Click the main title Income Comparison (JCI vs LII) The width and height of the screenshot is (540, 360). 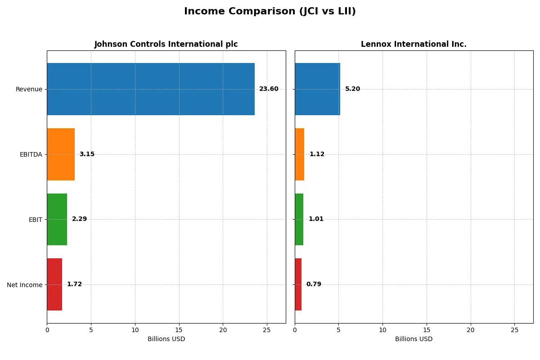tap(270, 12)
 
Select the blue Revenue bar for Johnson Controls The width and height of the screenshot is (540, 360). tap(151, 89)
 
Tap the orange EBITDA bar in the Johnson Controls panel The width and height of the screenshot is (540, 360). tap(61, 154)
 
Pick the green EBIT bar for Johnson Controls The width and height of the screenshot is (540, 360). tap(57, 219)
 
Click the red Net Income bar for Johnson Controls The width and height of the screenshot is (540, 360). tap(54, 284)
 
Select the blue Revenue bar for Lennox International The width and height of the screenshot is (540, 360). tap(317, 89)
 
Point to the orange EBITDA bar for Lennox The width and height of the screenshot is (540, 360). tap(300, 154)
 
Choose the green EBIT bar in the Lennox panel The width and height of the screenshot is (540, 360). tap(299, 219)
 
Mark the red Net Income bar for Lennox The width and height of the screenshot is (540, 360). tap(298, 284)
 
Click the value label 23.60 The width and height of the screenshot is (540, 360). tap(269, 89)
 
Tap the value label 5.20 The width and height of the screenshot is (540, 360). tap(352, 89)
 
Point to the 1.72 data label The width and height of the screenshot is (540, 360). tap(74, 284)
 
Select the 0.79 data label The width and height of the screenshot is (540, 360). tap(314, 284)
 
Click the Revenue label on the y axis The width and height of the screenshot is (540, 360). tap(29, 89)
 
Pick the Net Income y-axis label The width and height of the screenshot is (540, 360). tap(24, 285)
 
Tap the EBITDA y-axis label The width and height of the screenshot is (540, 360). tap(31, 154)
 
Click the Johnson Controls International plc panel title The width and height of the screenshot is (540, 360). tap(166, 44)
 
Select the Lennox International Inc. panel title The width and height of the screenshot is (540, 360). tap(414, 44)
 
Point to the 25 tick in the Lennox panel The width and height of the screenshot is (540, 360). tap(514, 330)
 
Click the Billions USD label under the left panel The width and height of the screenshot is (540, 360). tap(166, 339)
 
